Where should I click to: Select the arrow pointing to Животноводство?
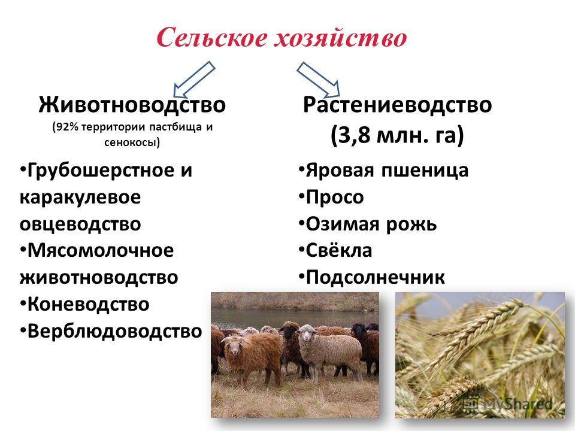pos(194,79)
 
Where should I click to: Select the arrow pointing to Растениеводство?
pos(318,79)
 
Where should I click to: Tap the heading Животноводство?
pos(132,104)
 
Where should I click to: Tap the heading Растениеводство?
pos(397,104)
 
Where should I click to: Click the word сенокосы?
pos(130,142)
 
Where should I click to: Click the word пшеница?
pos(425,171)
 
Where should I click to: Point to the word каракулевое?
pos(80,197)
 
